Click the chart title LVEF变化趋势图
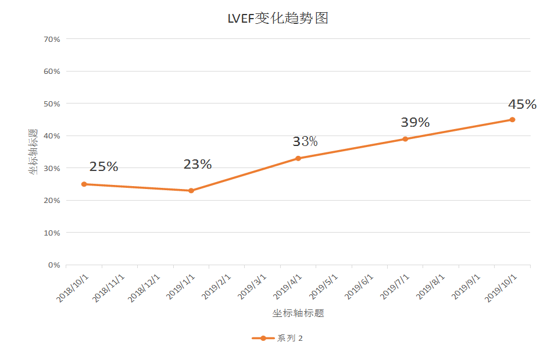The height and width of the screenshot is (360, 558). coord(278,19)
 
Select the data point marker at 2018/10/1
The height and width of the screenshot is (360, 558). coord(84,184)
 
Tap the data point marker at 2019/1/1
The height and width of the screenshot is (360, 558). coord(191,191)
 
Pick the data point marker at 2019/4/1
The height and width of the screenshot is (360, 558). coord(298,158)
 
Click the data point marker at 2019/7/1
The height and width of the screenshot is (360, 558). coord(405,139)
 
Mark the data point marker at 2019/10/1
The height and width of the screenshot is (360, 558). coord(512,120)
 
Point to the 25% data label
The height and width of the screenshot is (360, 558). coord(103,167)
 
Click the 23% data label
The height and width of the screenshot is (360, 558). coord(198,165)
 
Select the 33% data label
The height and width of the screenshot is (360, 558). coord(305,142)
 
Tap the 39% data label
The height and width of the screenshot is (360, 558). coord(415,123)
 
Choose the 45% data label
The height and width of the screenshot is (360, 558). coord(522,105)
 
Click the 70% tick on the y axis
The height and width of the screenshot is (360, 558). coord(52,39)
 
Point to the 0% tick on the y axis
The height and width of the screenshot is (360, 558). coord(54,265)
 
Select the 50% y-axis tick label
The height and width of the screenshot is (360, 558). coord(52,104)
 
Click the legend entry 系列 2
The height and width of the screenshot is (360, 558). coord(278,338)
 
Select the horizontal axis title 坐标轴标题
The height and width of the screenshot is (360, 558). coord(298,313)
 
